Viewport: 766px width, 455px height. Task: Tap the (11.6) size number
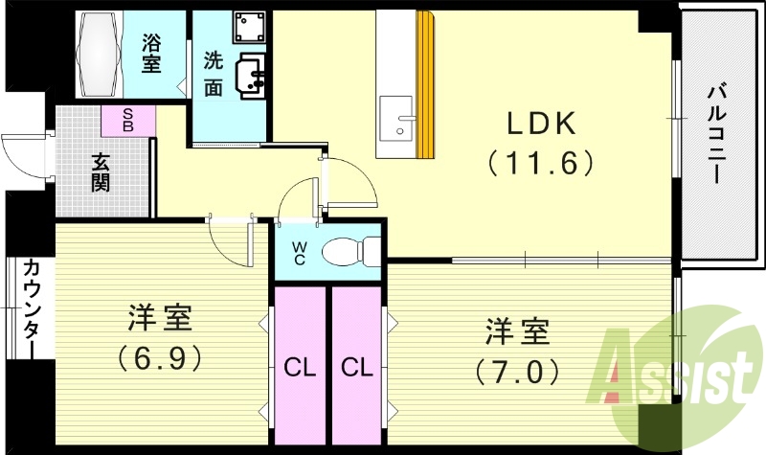click(x=541, y=162)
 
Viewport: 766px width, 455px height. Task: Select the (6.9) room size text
click(x=161, y=357)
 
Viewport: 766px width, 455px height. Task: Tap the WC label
click(x=299, y=254)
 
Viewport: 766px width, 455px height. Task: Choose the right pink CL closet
click(x=356, y=367)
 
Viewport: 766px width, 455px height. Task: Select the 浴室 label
click(x=151, y=54)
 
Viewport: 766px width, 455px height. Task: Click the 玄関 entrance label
click(x=100, y=171)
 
